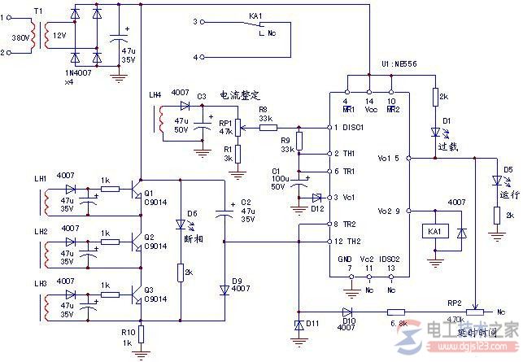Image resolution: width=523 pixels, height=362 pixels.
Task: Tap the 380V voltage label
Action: [17, 37]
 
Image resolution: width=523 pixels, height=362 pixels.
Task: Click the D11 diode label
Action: [310, 325]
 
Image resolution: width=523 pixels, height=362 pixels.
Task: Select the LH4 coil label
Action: [155, 95]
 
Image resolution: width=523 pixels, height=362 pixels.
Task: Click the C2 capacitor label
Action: [246, 201]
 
